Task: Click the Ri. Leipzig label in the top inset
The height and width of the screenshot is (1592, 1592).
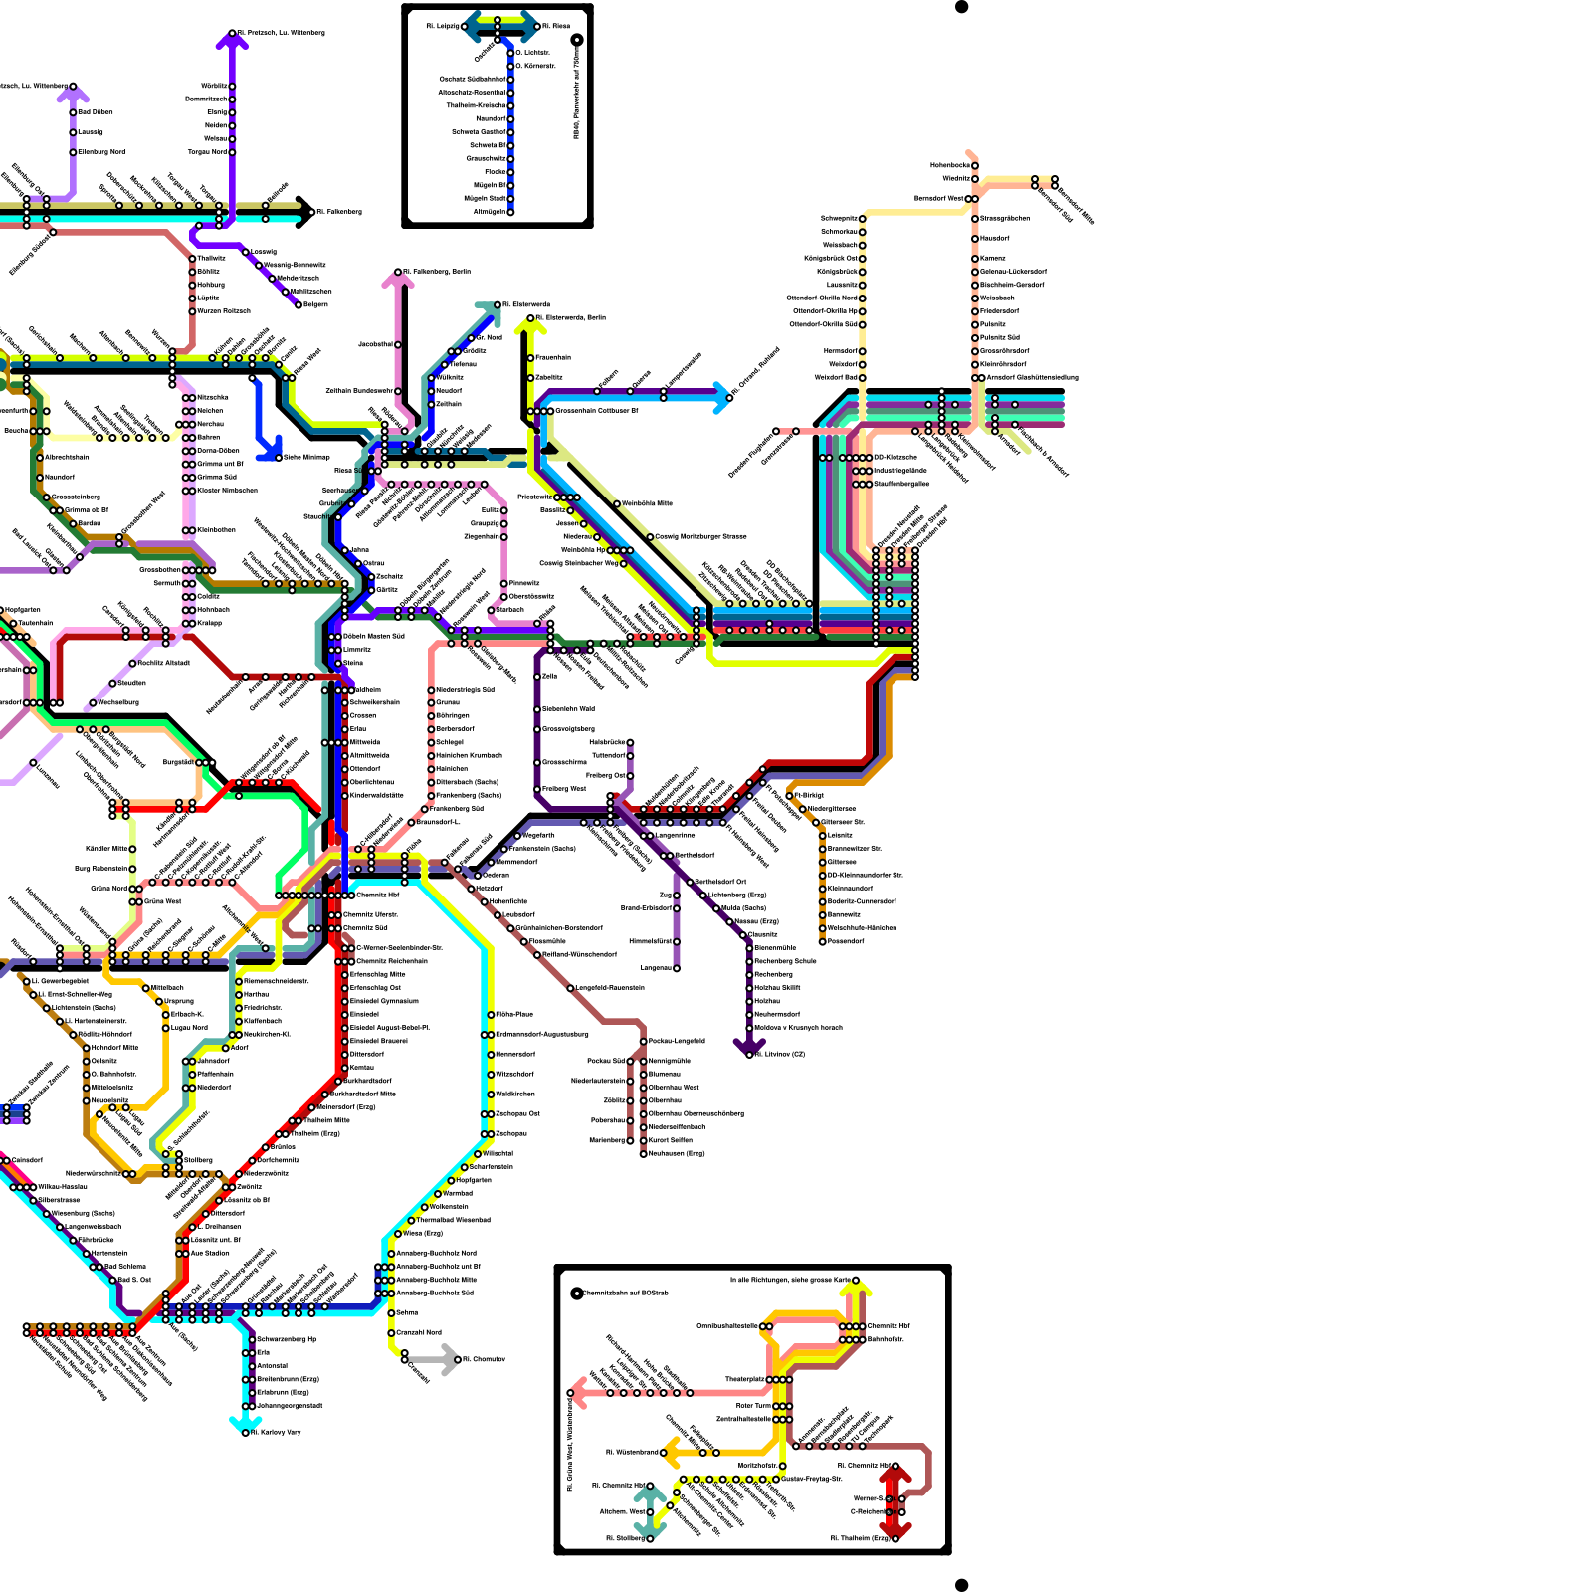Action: click(x=443, y=26)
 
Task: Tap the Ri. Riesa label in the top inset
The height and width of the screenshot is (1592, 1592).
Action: click(x=556, y=26)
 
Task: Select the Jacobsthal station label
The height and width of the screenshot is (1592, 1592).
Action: click(x=375, y=344)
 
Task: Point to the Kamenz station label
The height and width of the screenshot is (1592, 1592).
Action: click(x=993, y=258)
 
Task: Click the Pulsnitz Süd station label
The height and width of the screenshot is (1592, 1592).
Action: click(x=1000, y=337)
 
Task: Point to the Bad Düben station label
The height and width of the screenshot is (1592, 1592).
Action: click(x=96, y=112)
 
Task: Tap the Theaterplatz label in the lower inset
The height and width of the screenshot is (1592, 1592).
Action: click(x=744, y=1379)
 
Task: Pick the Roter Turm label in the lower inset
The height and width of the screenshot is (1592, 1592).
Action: click(x=753, y=1406)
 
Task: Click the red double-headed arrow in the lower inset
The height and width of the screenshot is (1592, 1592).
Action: click(x=895, y=1501)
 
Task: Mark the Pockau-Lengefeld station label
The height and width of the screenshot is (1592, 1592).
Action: click(x=677, y=1041)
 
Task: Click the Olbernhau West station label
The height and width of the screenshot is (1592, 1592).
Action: click(x=675, y=1088)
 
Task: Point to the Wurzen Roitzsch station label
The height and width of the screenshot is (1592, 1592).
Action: click(x=224, y=311)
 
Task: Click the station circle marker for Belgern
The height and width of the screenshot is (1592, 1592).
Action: click(x=298, y=305)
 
